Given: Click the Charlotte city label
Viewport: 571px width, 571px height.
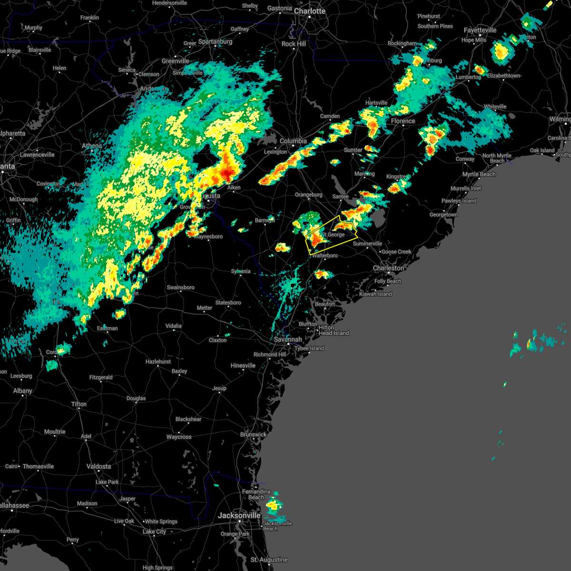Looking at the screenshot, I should click(x=309, y=11).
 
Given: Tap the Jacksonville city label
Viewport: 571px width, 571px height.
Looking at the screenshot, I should click(x=239, y=515).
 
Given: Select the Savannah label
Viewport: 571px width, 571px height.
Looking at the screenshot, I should click(x=288, y=339).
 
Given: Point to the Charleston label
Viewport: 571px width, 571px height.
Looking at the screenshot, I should click(x=388, y=268).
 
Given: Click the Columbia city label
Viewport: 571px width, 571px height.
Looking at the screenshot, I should click(x=293, y=141).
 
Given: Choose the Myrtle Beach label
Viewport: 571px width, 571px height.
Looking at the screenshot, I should click(x=479, y=174).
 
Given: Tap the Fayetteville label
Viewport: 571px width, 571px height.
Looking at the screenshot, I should click(x=480, y=30).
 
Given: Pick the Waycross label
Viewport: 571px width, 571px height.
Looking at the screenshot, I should click(x=179, y=437).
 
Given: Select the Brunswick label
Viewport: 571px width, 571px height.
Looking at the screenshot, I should click(x=253, y=434).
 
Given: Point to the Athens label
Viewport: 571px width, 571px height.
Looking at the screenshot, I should click(x=92, y=146).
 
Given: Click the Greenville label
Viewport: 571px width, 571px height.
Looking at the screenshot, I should click(x=175, y=61).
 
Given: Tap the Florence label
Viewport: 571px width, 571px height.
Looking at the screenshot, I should click(x=403, y=121).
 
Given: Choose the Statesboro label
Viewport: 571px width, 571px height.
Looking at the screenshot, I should click(x=228, y=303).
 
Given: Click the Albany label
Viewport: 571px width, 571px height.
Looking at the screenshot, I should click(x=23, y=391).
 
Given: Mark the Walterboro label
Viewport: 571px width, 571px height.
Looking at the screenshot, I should click(x=325, y=256).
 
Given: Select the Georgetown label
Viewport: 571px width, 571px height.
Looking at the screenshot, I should click(x=443, y=215).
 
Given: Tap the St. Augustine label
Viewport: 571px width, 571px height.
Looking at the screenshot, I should click(x=269, y=560).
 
